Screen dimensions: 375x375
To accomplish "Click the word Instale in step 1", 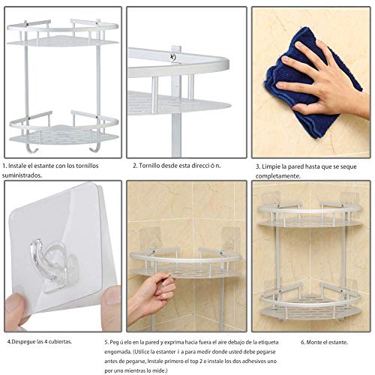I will tap(20, 166).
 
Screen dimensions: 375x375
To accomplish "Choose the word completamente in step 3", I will tap(277, 176).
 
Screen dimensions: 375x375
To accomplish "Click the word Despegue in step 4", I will tap(24, 342).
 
